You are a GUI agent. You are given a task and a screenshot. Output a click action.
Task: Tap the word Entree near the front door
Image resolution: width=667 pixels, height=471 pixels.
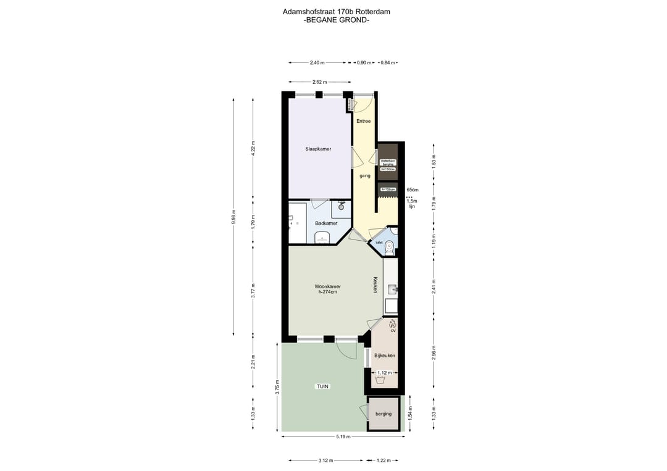364,121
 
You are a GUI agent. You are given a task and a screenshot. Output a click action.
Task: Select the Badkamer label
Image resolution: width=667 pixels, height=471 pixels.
325,223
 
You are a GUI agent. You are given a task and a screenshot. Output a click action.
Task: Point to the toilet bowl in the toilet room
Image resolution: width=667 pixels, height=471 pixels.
388,248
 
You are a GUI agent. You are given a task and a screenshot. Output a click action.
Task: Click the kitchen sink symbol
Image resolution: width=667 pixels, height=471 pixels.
392,288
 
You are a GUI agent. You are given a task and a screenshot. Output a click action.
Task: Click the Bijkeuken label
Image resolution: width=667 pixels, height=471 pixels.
385,356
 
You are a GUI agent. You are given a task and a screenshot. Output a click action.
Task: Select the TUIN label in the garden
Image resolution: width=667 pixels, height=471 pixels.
322,386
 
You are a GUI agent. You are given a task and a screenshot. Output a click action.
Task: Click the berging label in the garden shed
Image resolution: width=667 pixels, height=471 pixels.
384,414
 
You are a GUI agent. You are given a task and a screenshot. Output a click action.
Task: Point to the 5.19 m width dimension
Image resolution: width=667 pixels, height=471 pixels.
343,436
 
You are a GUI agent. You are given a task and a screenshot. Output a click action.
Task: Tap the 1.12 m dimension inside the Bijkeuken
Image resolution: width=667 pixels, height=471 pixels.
384,373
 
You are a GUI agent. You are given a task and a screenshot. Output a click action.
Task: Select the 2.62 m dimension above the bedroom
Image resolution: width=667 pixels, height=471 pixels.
319,82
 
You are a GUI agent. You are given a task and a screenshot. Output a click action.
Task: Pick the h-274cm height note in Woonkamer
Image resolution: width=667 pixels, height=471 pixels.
327,292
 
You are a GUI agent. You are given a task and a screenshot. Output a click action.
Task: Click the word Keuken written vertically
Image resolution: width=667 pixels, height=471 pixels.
375,284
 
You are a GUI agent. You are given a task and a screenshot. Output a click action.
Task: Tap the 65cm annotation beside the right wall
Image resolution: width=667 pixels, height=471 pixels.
413,190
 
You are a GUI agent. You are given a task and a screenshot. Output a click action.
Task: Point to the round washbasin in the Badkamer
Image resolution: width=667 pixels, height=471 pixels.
341,207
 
